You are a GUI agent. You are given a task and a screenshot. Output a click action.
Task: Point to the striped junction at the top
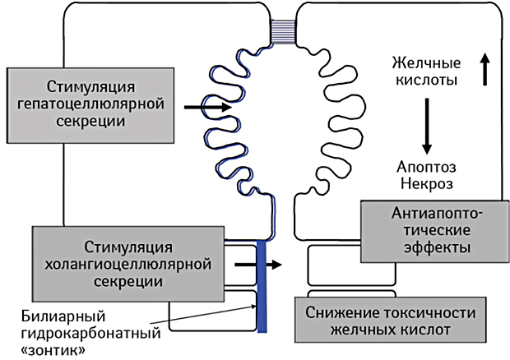tap(285, 29)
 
